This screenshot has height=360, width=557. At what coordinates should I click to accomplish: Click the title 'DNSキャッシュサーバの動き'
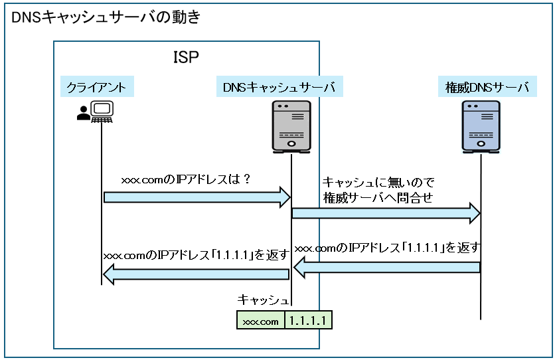[x=106, y=18]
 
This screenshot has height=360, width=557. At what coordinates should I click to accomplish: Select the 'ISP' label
[x=186, y=57]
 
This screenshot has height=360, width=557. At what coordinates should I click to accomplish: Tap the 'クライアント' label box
[x=97, y=87]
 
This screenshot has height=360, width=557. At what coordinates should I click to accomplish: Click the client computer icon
[x=102, y=112]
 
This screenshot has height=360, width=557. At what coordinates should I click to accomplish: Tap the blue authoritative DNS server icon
[x=481, y=126]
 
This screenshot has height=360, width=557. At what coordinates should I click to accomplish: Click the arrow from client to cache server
[x=197, y=197]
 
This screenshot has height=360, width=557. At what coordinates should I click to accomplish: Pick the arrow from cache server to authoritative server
[x=386, y=213]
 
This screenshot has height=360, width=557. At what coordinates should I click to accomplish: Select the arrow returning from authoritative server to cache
[x=387, y=267]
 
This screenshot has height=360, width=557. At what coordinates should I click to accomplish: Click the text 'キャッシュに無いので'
[x=378, y=182]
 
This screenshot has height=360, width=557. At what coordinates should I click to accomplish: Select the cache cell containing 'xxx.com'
[x=261, y=321]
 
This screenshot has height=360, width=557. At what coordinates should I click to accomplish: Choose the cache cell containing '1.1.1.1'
[x=308, y=321]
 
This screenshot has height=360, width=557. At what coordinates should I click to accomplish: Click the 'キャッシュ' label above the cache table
[x=263, y=300]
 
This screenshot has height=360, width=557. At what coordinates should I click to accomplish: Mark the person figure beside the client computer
[x=83, y=114]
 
